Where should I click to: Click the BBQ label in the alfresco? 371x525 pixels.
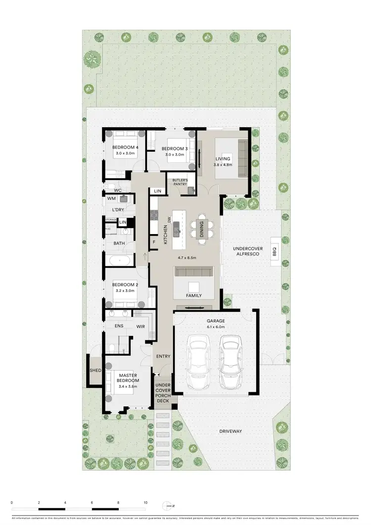click(x=275, y=252)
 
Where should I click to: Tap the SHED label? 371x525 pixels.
click(x=95, y=371)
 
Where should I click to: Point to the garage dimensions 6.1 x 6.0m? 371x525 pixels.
click(x=215, y=327)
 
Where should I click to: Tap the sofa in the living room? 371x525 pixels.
click(x=242, y=158)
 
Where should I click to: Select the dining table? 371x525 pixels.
click(x=202, y=229)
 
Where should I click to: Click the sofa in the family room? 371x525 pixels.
click(x=193, y=272)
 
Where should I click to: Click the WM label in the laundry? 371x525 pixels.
click(x=112, y=198)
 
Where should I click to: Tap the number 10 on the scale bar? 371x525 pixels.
click(x=145, y=503)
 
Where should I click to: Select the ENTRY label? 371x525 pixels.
click(x=163, y=356)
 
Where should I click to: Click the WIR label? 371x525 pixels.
click(x=140, y=327)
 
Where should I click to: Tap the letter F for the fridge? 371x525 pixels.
click(x=154, y=242)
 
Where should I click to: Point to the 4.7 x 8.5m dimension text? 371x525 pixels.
click(x=187, y=258)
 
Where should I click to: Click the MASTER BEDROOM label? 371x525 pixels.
click(x=128, y=378)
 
